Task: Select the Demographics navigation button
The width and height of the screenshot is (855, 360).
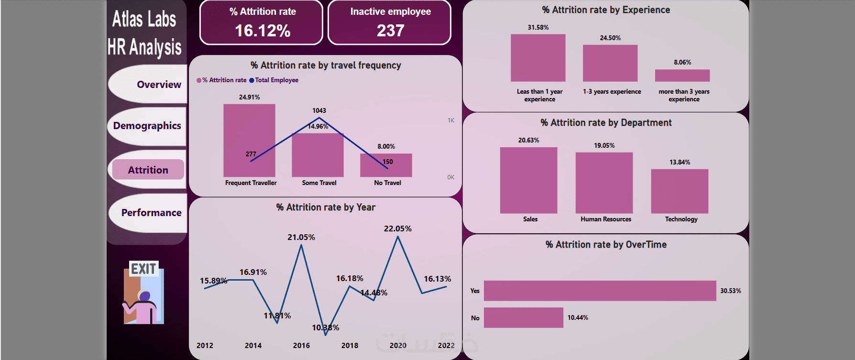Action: tap(147, 126)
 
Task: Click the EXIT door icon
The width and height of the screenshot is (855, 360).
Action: tap(143, 293)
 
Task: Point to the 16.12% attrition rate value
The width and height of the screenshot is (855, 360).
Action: tap(262, 31)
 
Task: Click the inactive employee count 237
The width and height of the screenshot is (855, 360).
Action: tap(390, 31)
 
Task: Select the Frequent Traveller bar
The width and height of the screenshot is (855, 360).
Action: tap(249, 141)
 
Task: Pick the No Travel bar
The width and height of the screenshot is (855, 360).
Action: tap(386, 165)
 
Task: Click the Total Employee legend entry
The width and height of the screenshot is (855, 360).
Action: tap(274, 80)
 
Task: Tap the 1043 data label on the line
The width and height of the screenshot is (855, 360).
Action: tap(319, 110)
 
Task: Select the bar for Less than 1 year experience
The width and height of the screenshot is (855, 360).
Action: tap(538, 58)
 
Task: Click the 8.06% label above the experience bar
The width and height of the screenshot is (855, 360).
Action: tap(682, 62)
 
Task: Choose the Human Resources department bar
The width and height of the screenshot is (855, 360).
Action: tap(604, 183)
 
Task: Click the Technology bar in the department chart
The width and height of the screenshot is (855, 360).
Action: tap(680, 191)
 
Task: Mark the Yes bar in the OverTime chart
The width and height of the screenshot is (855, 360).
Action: tap(600, 291)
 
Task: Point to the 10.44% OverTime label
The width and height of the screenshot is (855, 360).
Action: tap(578, 317)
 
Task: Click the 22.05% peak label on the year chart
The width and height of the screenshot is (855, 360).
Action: tap(397, 229)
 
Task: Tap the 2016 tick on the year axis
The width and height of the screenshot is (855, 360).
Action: tap(301, 345)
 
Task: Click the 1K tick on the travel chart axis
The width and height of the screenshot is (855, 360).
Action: tap(451, 120)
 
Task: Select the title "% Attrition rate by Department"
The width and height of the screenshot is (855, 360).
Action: tap(606, 123)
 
